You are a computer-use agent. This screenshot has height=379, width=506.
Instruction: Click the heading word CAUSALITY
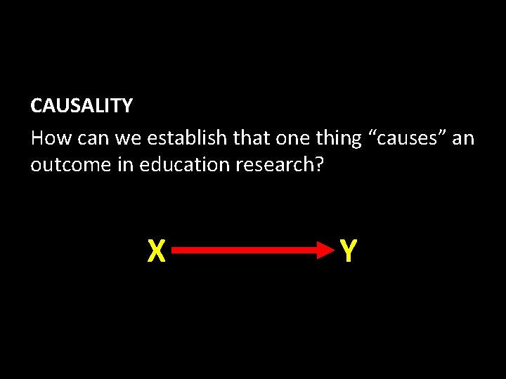pos(81,106)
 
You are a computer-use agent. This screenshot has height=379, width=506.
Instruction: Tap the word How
pos(51,138)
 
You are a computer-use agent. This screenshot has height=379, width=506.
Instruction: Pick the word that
pos(252,138)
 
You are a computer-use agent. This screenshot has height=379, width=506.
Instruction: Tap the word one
pos(292,138)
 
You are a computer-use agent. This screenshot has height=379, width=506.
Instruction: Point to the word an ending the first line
pos(463,138)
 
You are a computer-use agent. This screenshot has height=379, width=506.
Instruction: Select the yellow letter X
pos(156,251)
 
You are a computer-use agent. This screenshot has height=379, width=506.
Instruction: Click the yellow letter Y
pos(347,251)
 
